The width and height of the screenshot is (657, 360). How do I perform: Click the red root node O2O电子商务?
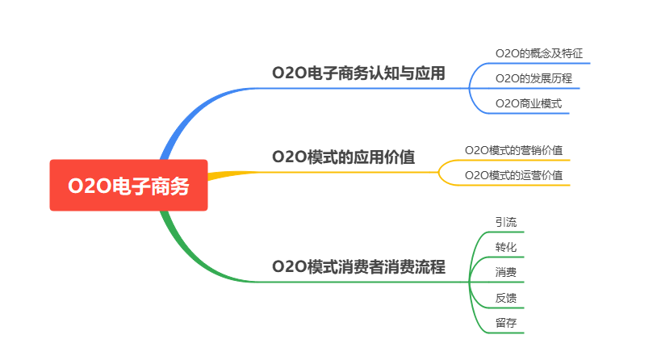tap(128, 186)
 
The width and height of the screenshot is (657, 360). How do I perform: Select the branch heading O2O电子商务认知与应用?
tap(358, 73)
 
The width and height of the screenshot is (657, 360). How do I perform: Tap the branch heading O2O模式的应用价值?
tap(343, 157)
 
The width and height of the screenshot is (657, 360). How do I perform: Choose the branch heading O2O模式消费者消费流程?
tap(358, 266)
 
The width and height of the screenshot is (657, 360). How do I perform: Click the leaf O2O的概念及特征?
tap(538, 53)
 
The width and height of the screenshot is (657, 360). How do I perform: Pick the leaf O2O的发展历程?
tap(534, 78)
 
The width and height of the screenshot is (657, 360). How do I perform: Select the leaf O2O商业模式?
tap(528, 103)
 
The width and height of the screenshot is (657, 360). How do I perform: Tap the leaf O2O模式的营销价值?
tap(513, 149)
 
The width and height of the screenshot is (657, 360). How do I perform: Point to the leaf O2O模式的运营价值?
tap(513, 174)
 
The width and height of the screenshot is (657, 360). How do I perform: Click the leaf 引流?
tap(506, 221)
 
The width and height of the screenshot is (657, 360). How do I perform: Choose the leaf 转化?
tap(506, 246)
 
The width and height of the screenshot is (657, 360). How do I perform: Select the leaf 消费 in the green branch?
tap(506, 272)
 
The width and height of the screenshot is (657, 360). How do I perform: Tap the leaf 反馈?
tap(506, 298)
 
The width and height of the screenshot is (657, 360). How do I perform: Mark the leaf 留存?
tap(506, 323)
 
